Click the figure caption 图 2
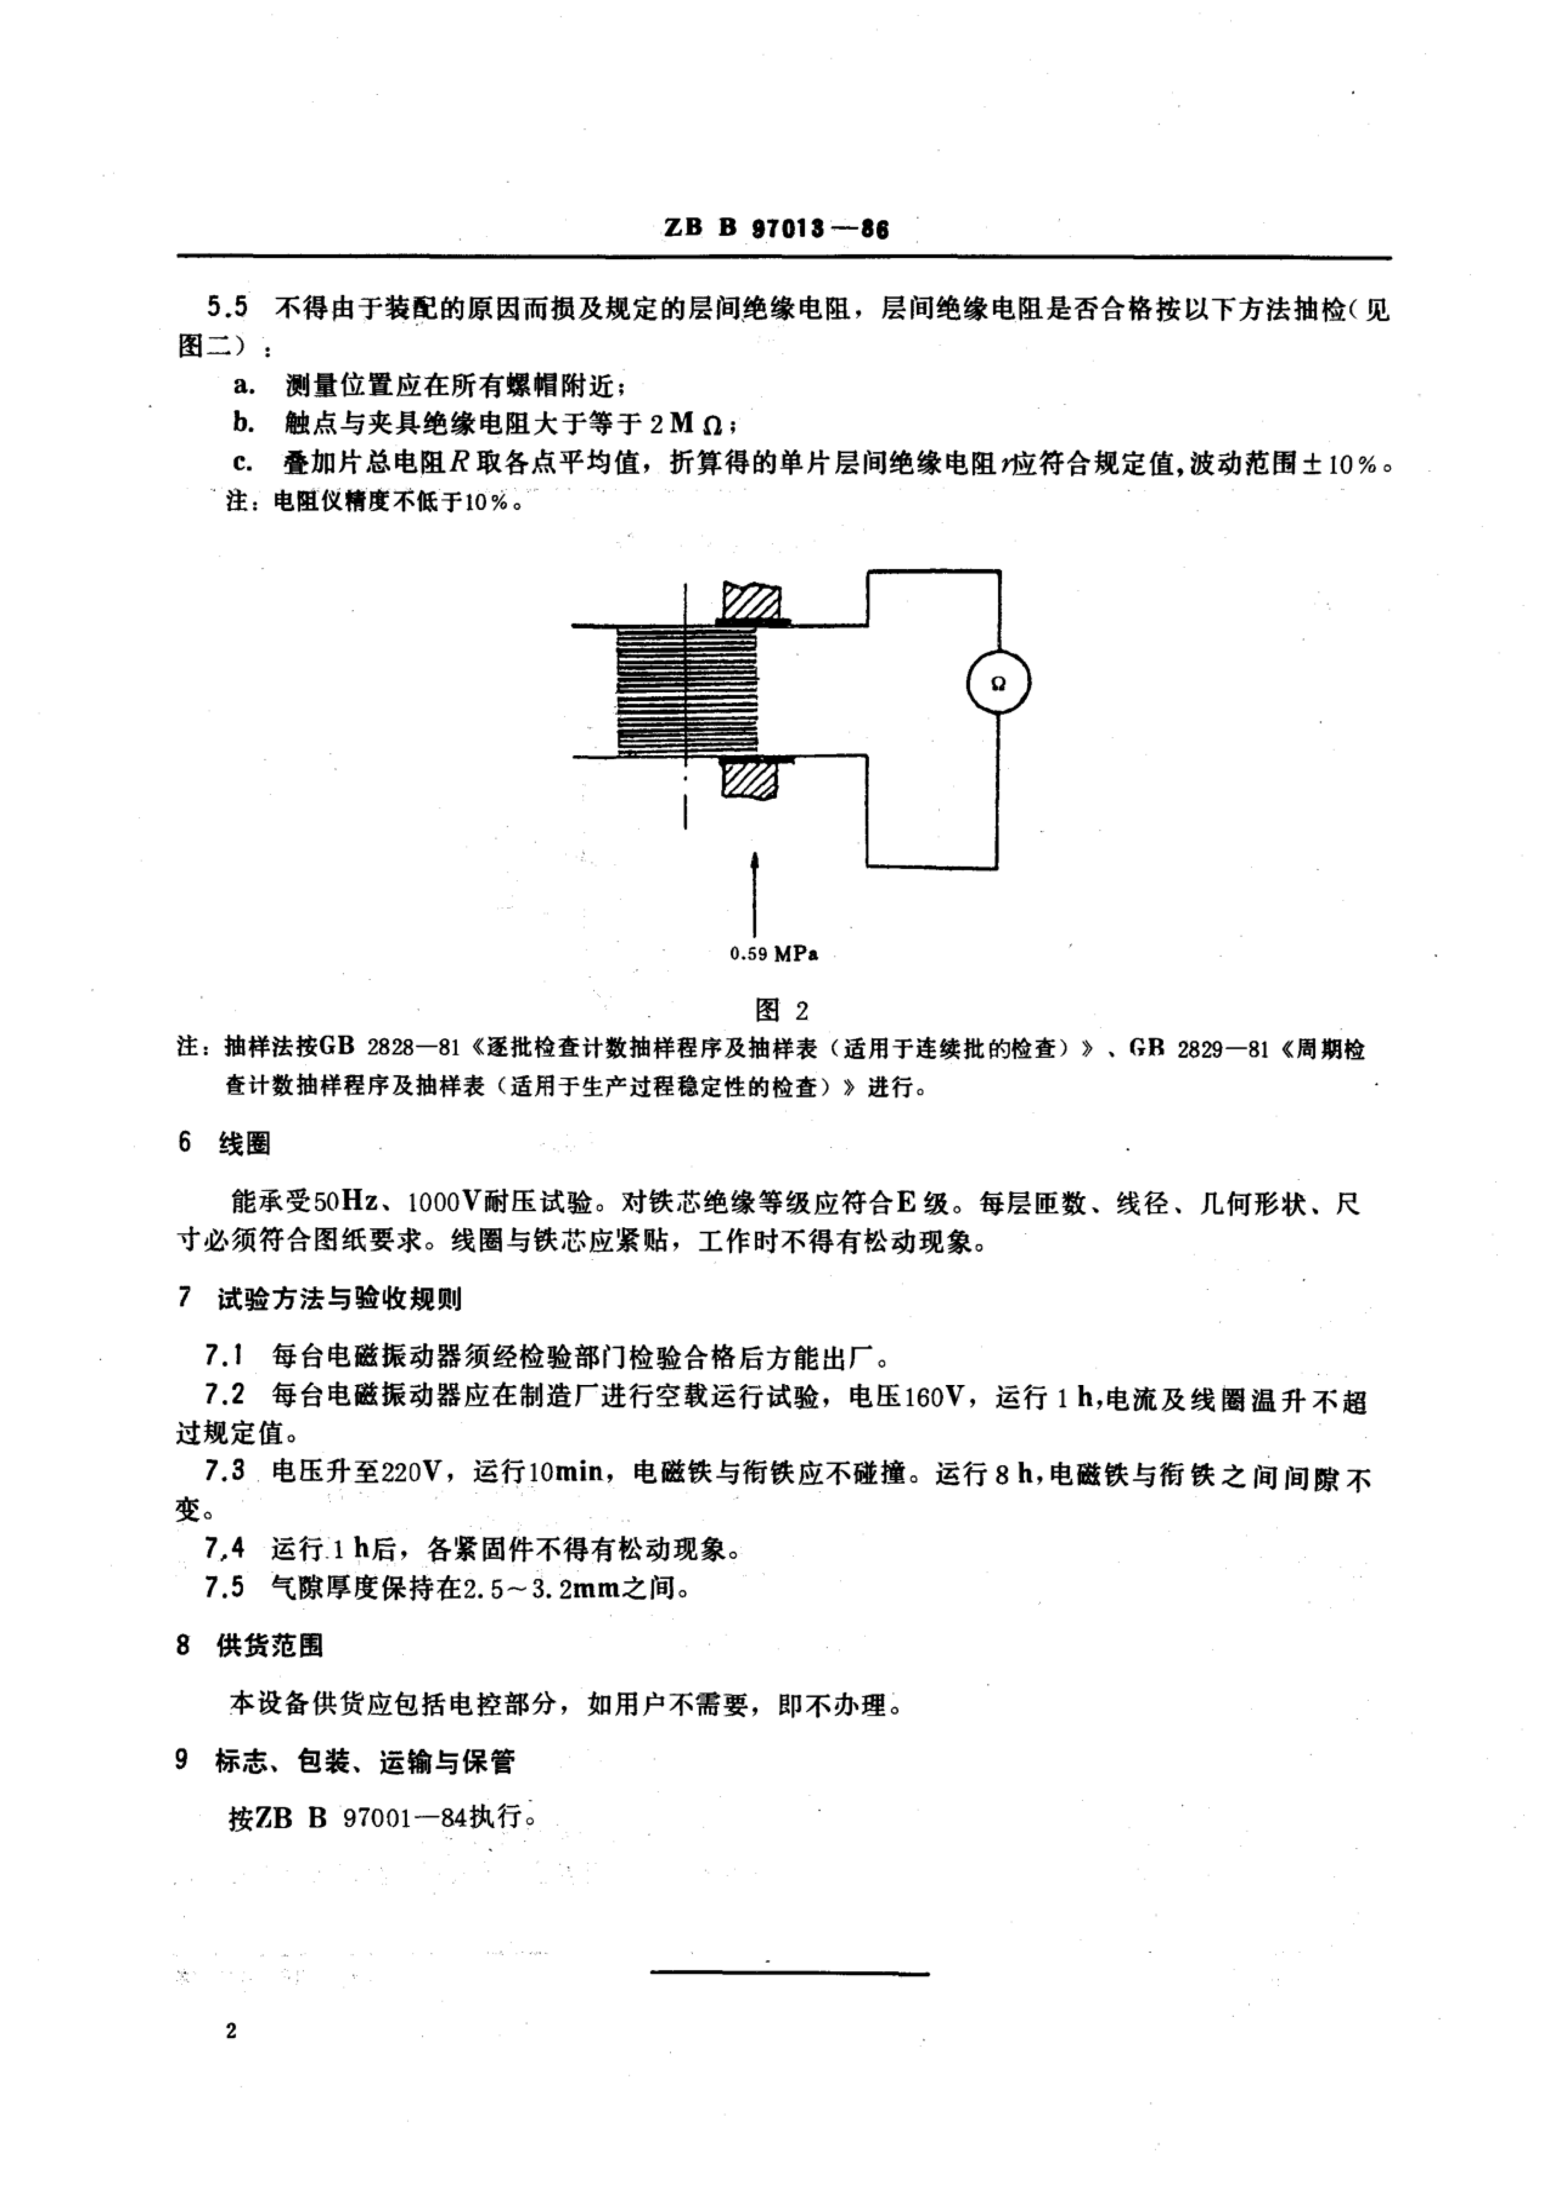point(782,1010)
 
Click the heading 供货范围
point(271,1646)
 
